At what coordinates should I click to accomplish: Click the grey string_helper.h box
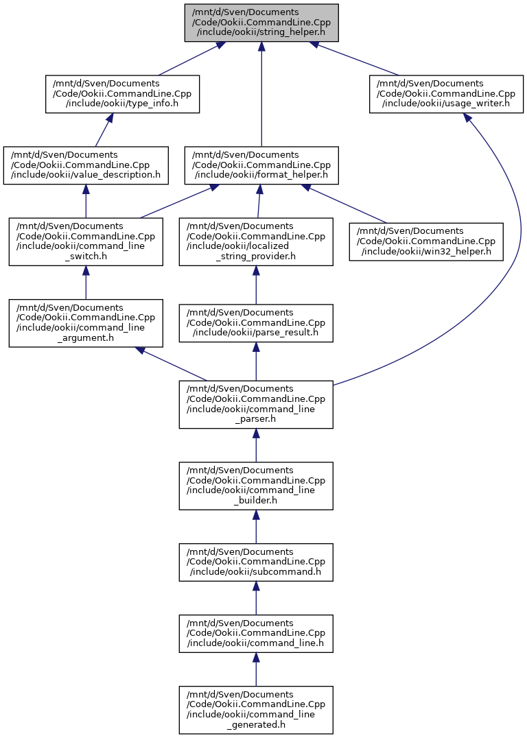point(261,23)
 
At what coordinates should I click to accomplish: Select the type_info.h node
point(122,94)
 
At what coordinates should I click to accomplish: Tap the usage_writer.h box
point(447,94)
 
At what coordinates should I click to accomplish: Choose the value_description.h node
point(86,166)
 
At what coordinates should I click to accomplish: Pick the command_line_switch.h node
point(86,242)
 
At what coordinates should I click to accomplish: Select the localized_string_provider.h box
point(256,242)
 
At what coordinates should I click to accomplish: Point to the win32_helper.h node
point(426,242)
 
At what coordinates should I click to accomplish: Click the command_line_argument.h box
point(86,323)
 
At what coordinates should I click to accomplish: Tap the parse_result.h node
point(256,323)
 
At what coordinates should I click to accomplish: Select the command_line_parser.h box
point(256,405)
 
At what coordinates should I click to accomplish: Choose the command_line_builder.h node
point(256,486)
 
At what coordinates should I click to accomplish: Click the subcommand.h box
point(256,562)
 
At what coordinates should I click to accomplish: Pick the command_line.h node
point(256,634)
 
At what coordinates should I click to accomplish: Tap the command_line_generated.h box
point(256,710)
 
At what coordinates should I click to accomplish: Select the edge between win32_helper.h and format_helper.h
point(345,204)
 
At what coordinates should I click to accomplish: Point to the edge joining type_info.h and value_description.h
point(103,130)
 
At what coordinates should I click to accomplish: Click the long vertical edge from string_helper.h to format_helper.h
point(261,94)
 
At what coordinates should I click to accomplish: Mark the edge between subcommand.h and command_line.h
point(256,598)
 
